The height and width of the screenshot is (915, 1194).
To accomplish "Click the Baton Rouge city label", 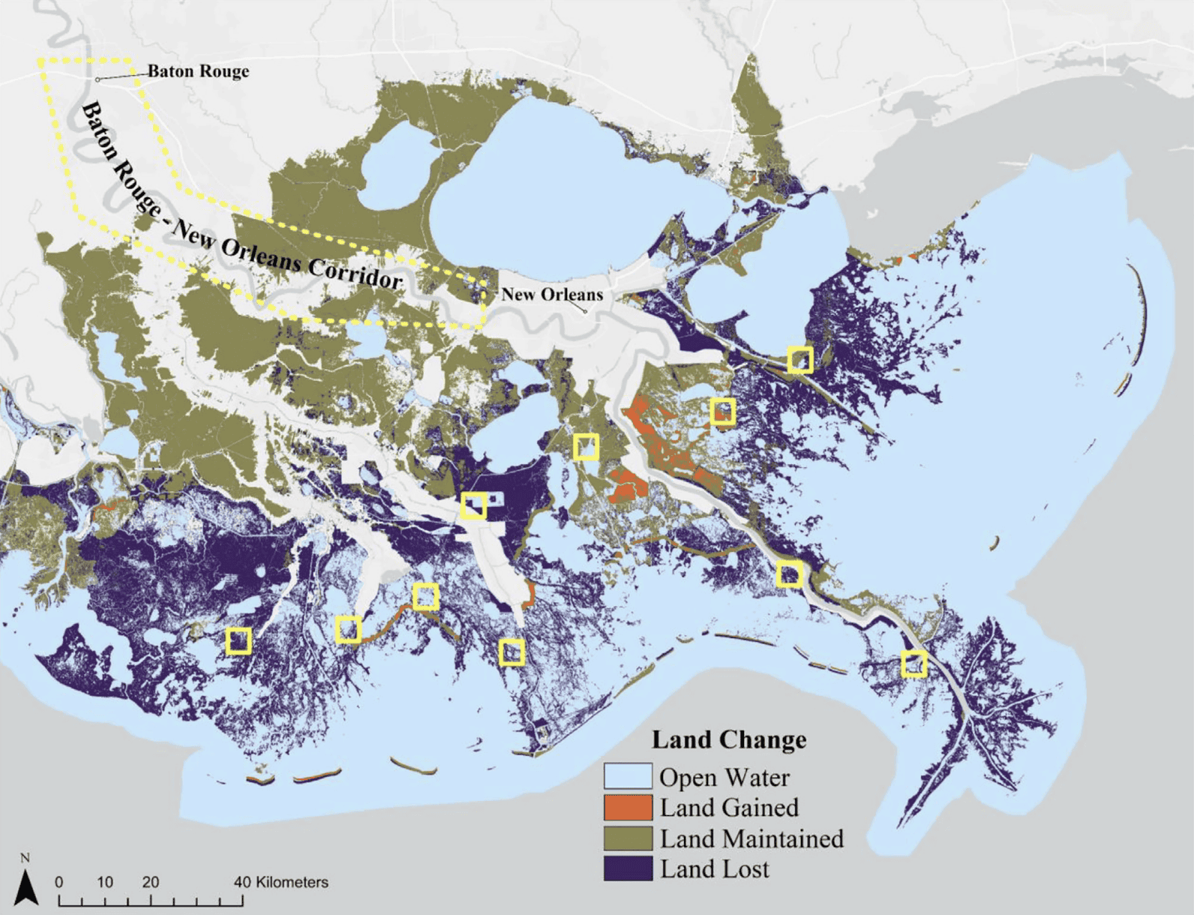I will [x=198, y=71].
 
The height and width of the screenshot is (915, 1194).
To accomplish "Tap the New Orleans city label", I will [x=552, y=294].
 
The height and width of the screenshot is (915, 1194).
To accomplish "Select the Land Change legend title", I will [x=729, y=739].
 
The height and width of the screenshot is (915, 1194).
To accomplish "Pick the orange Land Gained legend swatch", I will [x=628, y=808].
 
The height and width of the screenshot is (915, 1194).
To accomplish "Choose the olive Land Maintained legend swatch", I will [x=628, y=838].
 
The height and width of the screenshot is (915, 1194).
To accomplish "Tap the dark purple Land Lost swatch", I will [x=628, y=869].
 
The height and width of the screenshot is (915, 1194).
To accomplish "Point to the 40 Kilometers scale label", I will [x=280, y=882].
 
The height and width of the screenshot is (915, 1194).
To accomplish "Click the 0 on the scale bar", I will [x=59, y=882].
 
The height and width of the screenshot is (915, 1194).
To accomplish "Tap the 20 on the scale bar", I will [x=151, y=882].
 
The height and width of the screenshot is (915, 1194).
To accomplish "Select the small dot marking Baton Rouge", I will [x=97, y=79].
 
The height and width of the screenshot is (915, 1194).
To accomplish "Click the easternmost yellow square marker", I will [x=914, y=664].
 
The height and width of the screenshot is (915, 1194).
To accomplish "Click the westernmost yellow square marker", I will [x=238, y=641].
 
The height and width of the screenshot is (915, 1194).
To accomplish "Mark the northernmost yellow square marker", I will [x=800, y=360].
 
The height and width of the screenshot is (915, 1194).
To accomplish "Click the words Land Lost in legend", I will [x=714, y=869].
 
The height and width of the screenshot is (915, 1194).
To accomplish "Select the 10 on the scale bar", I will [x=105, y=882].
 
